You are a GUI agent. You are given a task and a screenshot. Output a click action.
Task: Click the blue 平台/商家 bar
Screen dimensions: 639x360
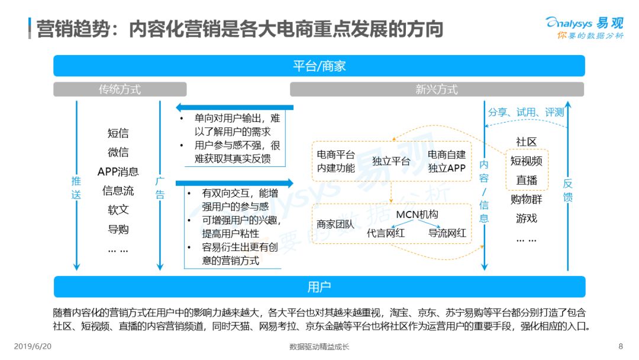[319, 66]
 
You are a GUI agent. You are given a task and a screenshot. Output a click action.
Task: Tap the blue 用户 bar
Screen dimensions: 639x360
[319, 287]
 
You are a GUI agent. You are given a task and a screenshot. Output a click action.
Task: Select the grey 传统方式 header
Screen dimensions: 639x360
[120, 89]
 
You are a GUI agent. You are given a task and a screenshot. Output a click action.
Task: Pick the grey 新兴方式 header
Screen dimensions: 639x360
[437, 89]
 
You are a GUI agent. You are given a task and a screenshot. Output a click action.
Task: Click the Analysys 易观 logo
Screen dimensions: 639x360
[585, 27]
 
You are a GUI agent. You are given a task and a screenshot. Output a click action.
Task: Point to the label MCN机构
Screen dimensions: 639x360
[417, 214]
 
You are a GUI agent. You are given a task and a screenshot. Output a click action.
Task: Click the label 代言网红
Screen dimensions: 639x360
[386, 233]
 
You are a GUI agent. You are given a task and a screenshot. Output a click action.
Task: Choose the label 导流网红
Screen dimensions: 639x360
[447, 233]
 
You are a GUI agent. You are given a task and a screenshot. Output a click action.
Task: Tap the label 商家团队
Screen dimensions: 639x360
[335, 224]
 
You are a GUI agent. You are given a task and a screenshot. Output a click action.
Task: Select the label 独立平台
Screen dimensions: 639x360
[391, 161]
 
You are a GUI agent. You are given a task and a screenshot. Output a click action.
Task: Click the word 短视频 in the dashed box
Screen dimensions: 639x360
[527, 160]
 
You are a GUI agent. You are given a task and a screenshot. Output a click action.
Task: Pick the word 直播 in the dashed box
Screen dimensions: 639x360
[527, 180]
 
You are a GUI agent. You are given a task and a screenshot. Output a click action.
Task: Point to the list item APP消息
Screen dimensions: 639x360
[118, 172]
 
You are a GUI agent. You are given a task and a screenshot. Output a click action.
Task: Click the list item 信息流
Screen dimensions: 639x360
[118, 191]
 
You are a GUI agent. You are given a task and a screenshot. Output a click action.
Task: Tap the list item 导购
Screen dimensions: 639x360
[118, 229]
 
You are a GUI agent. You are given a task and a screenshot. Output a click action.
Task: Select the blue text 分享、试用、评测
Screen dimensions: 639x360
[526, 112]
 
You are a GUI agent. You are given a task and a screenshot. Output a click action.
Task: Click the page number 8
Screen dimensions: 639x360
[621, 346]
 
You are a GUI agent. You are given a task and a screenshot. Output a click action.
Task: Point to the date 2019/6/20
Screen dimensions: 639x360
[33, 346]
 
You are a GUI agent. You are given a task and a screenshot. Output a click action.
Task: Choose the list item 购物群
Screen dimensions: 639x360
[527, 199]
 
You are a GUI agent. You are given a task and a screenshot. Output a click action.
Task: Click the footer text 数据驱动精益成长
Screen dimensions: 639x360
[319, 346]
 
